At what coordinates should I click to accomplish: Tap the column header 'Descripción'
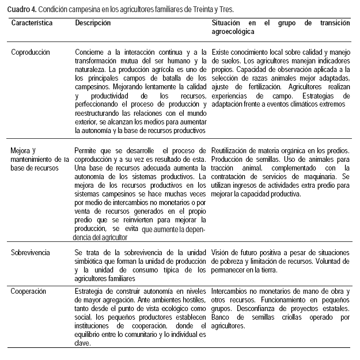click(x=93, y=23)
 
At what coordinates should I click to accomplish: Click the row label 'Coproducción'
click(x=31, y=52)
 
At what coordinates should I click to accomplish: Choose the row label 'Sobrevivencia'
click(x=31, y=252)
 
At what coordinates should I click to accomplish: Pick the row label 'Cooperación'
click(x=28, y=291)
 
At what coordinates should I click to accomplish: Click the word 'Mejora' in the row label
click(x=21, y=150)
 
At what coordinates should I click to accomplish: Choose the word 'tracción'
click(x=223, y=168)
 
